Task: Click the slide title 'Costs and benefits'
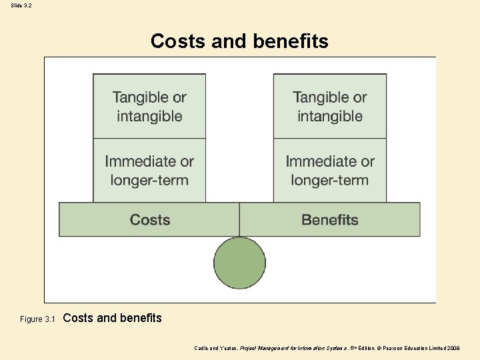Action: pyautogui.click(x=239, y=41)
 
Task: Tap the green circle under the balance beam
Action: pyautogui.click(x=239, y=263)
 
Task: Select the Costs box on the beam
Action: pyautogui.click(x=149, y=220)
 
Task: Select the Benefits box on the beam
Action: pyautogui.click(x=330, y=220)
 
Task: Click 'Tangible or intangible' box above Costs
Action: pyautogui.click(x=149, y=106)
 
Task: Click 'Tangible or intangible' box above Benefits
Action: pyautogui.click(x=330, y=106)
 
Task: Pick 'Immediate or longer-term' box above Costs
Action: pyautogui.click(x=149, y=170)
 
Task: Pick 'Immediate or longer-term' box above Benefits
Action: pyautogui.click(x=330, y=170)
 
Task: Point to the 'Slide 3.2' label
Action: pyautogui.click(x=21, y=5)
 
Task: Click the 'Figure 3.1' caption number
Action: pyautogui.click(x=37, y=319)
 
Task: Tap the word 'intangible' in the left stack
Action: pyautogui.click(x=149, y=116)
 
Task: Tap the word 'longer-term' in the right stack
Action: pyautogui.click(x=330, y=180)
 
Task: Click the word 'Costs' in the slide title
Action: pyautogui.click(x=178, y=41)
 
